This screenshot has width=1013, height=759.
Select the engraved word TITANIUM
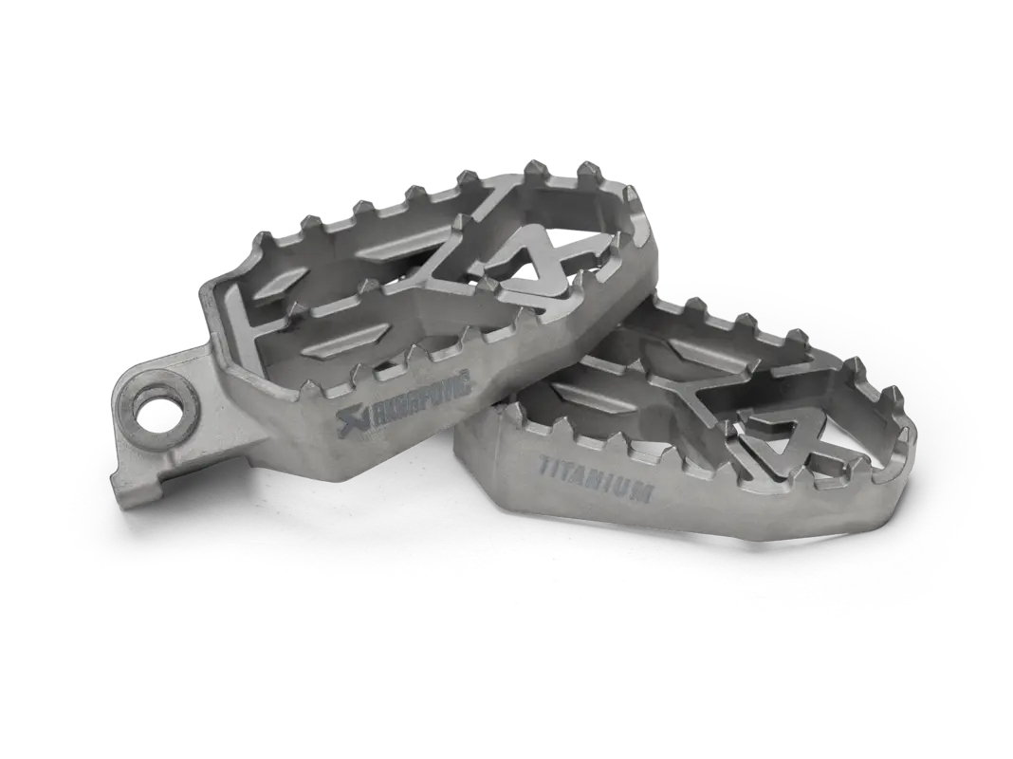tap(596, 477)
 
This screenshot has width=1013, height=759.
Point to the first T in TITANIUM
tap(544, 464)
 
